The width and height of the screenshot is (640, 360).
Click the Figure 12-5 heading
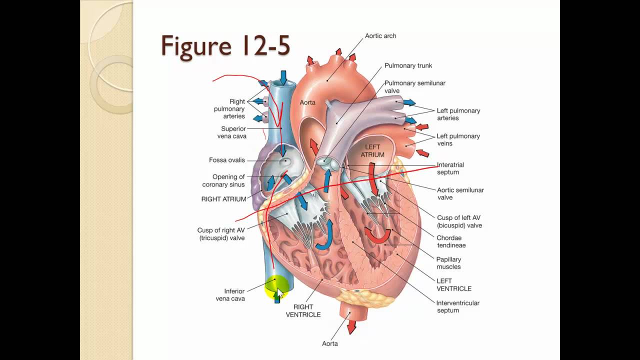tap(225, 46)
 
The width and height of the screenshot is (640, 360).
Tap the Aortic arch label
tap(380, 36)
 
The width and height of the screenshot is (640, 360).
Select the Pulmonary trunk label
tap(408, 65)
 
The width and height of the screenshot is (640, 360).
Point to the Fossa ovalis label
tap(227, 160)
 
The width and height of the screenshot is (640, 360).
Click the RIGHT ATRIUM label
tap(223, 199)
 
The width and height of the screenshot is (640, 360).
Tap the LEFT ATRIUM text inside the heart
tap(373, 151)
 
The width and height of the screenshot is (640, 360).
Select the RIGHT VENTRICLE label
tap(303, 311)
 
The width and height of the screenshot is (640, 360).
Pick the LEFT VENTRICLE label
tap(454, 285)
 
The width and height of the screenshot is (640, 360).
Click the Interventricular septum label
tap(457, 306)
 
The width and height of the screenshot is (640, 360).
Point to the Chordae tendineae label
tap(451, 241)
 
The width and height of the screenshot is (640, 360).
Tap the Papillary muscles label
tap(448, 263)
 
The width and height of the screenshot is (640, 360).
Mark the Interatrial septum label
tap(450, 168)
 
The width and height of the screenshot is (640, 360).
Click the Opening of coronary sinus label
tap(223, 180)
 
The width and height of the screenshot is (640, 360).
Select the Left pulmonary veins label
tap(458, 139)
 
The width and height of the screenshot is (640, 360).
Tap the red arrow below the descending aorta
tap(351, 327)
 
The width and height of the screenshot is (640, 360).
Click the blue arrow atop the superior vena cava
tap(283, 77)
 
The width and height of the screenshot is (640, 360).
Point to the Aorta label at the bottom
tap(330, 343)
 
